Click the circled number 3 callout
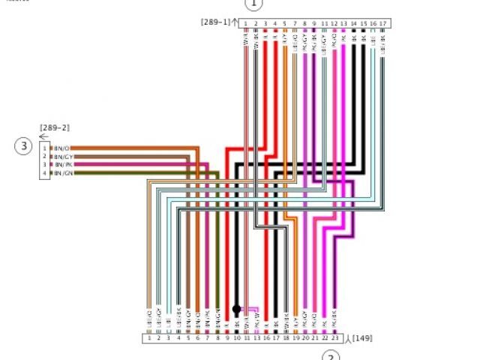click(x=23, y=146)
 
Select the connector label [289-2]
click(x=54, y=129)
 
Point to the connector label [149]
click(x=362, y=338)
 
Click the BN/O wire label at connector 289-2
click(x=61, y=148)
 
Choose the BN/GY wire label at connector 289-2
click(x=63, y=157)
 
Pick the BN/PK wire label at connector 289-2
click(x=63, y=165)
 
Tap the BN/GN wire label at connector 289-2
click(x=63, y=173)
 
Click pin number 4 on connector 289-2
click(x=44, y=173)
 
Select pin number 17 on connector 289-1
click(x=382, y=23)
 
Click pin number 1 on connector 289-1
click(x=245, y=23)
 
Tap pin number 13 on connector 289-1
click(x=343, y=23)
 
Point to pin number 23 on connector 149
click(x=334, y=338)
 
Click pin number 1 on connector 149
click(x=149, y=338)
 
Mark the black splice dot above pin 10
click(x=236, y=309)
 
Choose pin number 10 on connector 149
click(x=236, y=338)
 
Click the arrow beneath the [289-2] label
click(x=44, y=136)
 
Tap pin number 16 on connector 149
click(x=265, y=338)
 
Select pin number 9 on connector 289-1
click(x=314, y=23)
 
